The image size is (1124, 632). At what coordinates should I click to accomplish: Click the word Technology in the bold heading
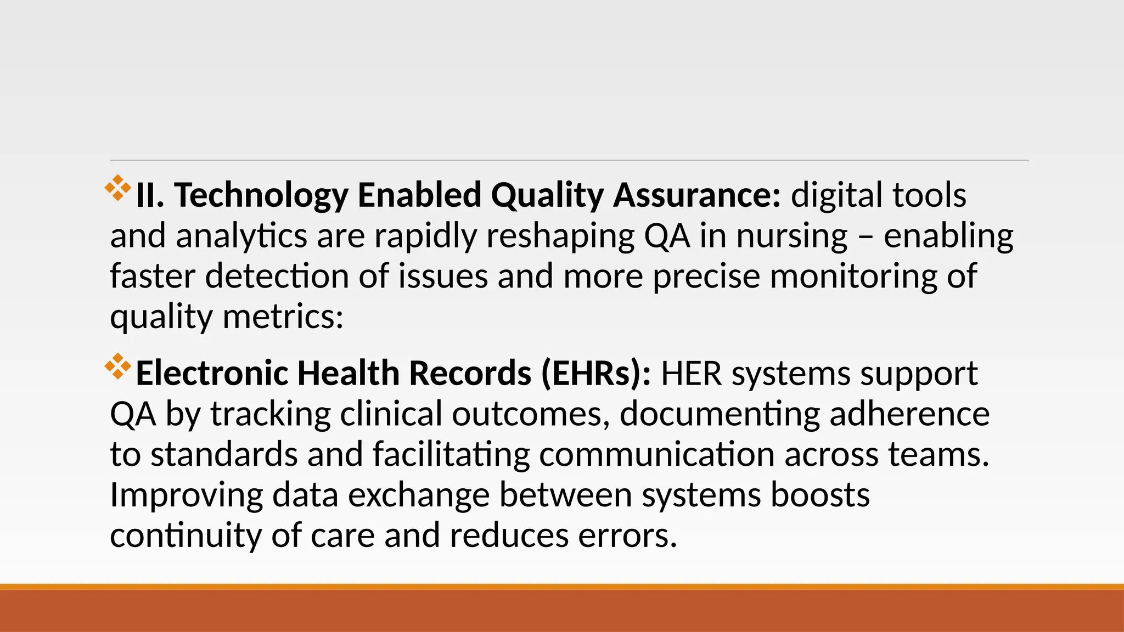[x=261, y=196]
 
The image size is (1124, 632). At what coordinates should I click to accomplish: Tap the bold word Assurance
[x=696, y=196]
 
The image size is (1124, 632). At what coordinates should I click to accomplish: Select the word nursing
[x=792, y=236]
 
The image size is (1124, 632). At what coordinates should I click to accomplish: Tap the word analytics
[x=241, y=236]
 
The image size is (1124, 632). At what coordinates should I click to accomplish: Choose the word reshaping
[x=560, y=236]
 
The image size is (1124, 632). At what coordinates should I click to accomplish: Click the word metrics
[x=283, y=317]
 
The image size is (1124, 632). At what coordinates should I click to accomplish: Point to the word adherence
[x=909, y=414]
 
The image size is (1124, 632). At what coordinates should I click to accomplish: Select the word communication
[x=656, y=454]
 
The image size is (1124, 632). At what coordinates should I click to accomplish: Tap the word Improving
[x=187, y=495]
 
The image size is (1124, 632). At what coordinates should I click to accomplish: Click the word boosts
[x=820, y=495]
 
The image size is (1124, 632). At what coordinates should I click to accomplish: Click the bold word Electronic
[x=212, y=374]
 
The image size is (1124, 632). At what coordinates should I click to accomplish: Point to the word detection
[x=277, y=276]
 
